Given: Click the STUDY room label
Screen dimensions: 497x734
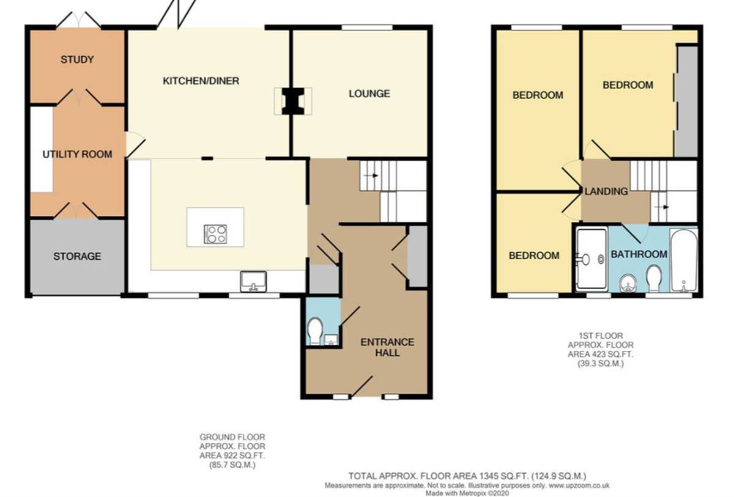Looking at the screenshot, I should tap(77, 59).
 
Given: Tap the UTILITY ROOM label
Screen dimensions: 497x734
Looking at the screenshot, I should tap(77, 154).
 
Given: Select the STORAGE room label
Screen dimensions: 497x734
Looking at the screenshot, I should tap(77, 256).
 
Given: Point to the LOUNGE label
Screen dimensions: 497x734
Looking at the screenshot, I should tap(369, 94).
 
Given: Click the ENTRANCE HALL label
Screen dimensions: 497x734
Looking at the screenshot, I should tap(387, 347).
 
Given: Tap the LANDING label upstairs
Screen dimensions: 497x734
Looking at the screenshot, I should tap(606, 191).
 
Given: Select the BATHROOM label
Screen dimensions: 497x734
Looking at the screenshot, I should tap(639, 254).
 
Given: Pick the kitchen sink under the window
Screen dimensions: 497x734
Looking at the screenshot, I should tap(253, 282).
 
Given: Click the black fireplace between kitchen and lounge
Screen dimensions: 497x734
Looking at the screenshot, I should tap(292, 101).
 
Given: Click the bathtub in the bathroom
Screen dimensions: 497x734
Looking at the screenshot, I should tap(683, 261).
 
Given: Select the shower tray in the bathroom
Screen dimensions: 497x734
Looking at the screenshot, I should tap(591, 259).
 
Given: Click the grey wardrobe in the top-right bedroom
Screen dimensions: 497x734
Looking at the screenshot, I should tap(686, 101).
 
